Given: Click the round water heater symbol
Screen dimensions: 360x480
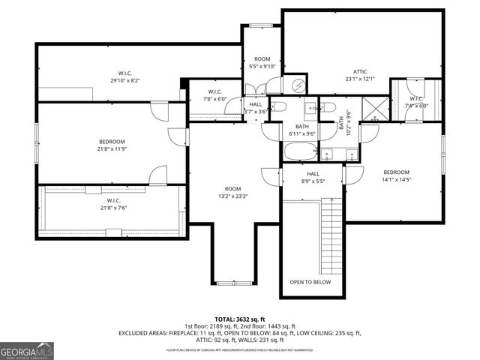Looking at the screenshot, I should (x=298, y=84).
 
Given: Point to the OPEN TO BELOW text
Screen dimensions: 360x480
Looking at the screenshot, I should (x=310, y=282).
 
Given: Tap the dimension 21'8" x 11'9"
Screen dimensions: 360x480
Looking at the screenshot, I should (x=112, y=148).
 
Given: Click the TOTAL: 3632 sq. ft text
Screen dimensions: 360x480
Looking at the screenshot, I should (x=240, y=319).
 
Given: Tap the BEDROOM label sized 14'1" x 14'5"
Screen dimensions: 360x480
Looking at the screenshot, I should (x=396, y=172).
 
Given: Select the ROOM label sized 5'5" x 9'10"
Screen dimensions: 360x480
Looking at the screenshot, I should (x=262, y=58).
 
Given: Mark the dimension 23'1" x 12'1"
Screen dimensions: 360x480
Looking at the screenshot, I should (x=359, y=79).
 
